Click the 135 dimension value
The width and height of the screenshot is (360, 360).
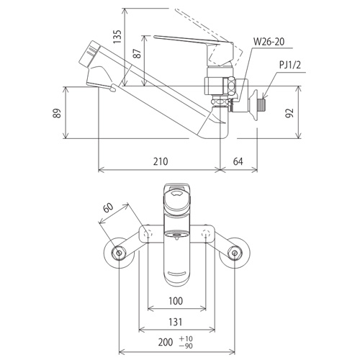tap(117, 37)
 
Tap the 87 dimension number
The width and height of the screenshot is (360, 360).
tap(137, 53)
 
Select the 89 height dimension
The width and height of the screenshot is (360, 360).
tap(57, 113)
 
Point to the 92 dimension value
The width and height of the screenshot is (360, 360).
tap(290, 113)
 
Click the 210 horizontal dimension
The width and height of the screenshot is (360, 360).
tap(161, 161)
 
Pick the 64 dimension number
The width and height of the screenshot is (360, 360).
tap(238, 161)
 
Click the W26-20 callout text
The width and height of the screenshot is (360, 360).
tap(269, 42)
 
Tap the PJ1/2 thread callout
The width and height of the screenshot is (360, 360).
tap(290, 65)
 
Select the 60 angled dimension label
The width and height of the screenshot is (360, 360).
tap(108, 208)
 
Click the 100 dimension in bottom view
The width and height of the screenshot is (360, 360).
tap(176, 301)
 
